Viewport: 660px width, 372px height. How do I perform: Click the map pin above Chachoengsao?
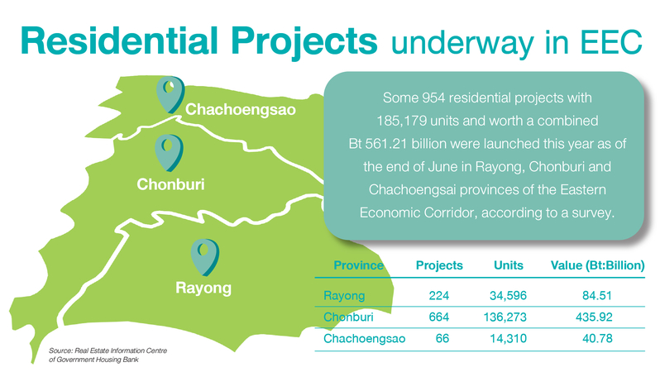click(x=170, y=94)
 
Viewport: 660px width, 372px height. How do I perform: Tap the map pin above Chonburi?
click(x=169, y=153)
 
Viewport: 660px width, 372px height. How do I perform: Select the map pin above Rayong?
click(x=204, y=257)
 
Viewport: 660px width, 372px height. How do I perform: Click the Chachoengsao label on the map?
click(x=241, y=109)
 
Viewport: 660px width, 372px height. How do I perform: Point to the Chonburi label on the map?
click(x=170, y=184)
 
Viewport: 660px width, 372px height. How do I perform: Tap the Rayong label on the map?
click(x=203, y=289)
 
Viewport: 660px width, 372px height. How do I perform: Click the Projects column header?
click(x=439, y=265)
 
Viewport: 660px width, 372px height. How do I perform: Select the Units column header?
click(x=509, y=265)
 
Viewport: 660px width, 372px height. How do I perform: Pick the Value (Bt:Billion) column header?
click(x=598, y=265)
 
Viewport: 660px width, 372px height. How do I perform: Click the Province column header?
click(x=358, y=265)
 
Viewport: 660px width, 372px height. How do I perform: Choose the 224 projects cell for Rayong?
click(x=439, y=295)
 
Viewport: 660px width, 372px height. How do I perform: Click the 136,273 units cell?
click(x=505, y=317)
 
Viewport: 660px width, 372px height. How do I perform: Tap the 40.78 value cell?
click(x=597, y=338)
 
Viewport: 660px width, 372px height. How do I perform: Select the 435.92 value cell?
click(x=594, y=317)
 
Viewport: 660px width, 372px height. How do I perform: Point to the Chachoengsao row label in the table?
click(x=364, y=339)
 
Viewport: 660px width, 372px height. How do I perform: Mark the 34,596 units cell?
click(x=508, y=295)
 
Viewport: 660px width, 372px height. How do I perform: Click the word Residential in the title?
click(x=119, y=41)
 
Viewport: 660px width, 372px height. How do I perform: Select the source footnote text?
click(x=108, y=355)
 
